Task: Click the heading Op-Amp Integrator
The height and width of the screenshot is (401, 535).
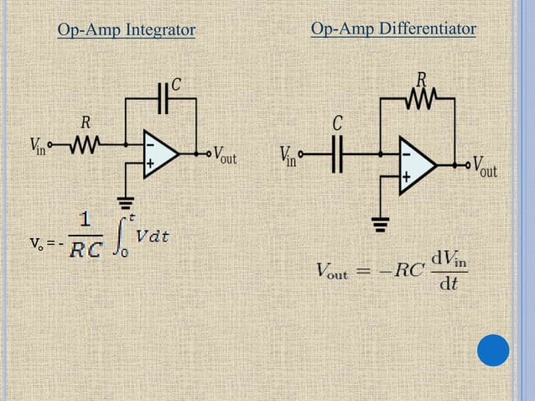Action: point(126,31)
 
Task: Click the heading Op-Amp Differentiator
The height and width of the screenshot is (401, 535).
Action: point(393,29)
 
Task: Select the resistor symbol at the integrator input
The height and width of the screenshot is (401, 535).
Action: point(84,146)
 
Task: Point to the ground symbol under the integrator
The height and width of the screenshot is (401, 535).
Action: point(127,200)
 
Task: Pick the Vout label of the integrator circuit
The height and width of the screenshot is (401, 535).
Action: point(224,154)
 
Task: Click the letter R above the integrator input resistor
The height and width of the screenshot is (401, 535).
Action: point(85,123)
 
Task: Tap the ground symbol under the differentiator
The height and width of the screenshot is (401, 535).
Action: point(382,222)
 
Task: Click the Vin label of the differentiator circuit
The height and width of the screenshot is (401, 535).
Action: point(288,156)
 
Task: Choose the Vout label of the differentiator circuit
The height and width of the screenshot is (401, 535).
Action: point(485,165)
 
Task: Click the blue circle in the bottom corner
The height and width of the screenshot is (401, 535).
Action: point(493,351)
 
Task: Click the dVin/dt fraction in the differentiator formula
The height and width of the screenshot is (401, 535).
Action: point(449,272)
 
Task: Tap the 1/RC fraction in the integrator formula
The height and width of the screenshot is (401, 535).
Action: point(86,236)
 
